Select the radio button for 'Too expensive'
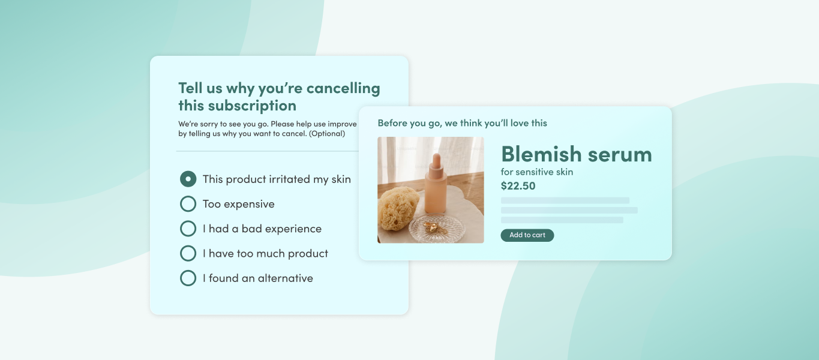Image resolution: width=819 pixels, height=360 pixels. (x=188, y=204)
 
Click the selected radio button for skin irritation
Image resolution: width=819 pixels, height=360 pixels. (x=188, y=179)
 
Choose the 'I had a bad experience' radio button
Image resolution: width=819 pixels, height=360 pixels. (x=188, y=229)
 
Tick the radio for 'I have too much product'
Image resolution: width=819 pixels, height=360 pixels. (x=188, y=253)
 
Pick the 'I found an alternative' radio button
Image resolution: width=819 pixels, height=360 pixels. (x=188, y=278)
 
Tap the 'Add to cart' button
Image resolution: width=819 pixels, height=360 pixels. (x=527, y=235)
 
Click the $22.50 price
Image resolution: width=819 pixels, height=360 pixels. (x=518, y=186)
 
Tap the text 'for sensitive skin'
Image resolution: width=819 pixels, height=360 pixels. (x=537, y=172)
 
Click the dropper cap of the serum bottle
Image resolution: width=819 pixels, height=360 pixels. (x=437, y=161)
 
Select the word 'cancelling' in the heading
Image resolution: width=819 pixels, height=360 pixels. (x=343, y=88)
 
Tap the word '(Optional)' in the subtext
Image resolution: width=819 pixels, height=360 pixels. (x=327, y=133)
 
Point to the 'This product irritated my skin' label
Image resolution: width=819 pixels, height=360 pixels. (x=277, y=179)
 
